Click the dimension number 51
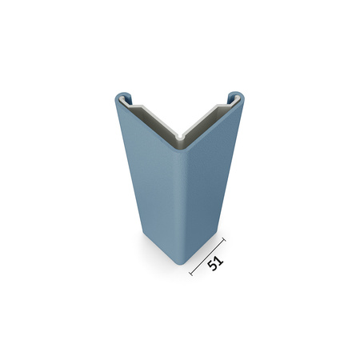[x=215, y=264]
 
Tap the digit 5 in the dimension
[x=212, y=268]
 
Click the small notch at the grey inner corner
[x=183, y=138]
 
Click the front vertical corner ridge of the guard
[x=182, y=200]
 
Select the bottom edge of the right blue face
[x=203, y=250]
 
